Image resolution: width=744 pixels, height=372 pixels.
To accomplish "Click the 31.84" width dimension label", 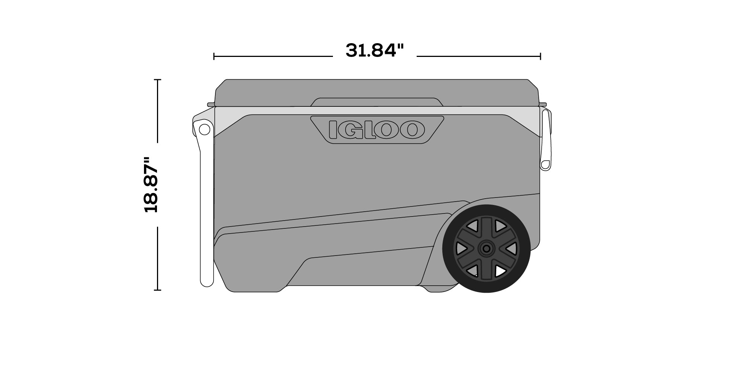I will (374, 51).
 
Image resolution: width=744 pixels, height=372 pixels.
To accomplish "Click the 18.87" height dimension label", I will (151, 185).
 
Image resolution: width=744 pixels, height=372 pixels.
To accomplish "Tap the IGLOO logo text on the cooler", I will (376, 129).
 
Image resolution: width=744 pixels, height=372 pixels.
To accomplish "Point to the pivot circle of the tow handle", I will (204, 129).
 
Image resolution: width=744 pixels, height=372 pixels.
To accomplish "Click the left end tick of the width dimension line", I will (214, 57).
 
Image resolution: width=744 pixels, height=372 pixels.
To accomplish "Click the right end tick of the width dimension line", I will (540, 57).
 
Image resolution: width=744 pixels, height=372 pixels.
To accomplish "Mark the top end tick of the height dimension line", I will (158, 80).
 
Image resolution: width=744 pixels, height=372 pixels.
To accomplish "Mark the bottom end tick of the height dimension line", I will (158, 290).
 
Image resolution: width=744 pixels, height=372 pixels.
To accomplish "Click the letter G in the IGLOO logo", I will (349, 130).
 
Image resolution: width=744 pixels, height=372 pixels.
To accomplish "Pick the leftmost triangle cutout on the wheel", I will (461, 248).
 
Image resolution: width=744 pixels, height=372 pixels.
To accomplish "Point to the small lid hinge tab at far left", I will (211, 105).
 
